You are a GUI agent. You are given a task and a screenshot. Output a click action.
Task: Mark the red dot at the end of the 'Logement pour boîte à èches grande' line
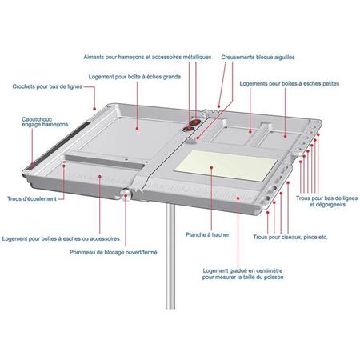click(138, 125)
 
